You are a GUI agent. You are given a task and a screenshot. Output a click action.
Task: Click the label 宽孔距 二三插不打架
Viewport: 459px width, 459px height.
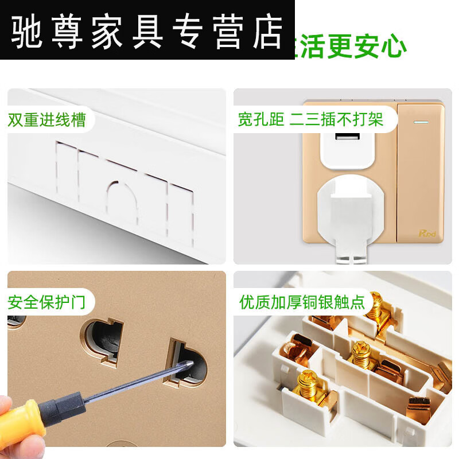point(310,119)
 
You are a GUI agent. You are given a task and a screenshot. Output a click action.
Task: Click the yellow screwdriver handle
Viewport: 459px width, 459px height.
point(23,419)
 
